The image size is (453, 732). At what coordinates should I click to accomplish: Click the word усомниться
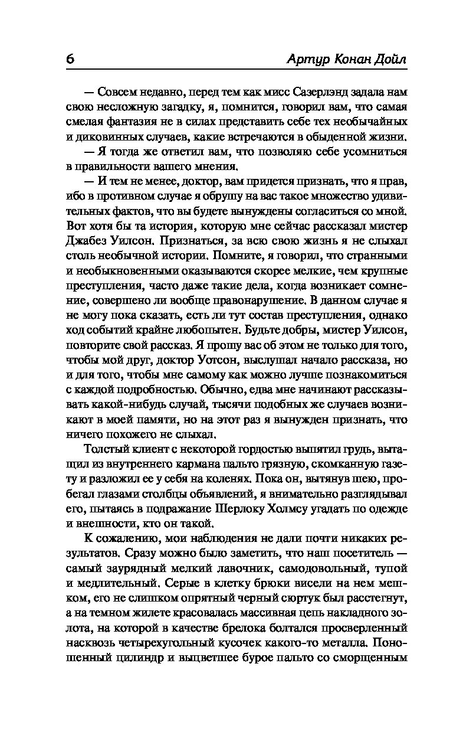click(x=372, y=152)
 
